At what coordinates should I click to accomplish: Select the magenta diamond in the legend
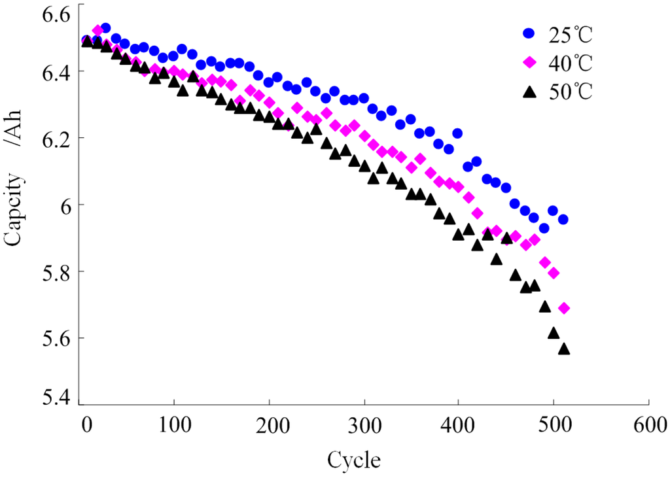click(529, 63)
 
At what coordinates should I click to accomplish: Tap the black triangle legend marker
click(529, 93)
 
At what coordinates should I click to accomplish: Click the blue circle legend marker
click(529, 33)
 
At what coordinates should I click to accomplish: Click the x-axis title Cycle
click(353, 459)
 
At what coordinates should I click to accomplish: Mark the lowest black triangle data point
click(564, 349)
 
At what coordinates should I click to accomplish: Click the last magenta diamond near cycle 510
click(564, 308)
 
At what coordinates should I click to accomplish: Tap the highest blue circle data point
click(105, 28)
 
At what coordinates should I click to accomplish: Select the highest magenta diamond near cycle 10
click(98, 31)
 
